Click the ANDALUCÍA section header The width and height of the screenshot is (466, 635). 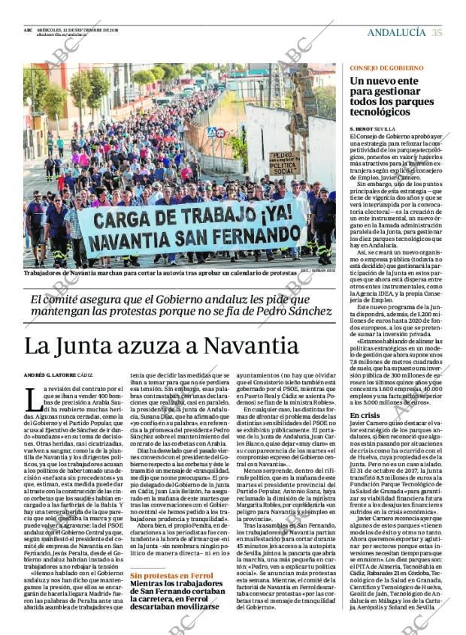(x=396, y=32)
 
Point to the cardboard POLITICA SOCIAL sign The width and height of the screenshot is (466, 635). (x=285, y=163)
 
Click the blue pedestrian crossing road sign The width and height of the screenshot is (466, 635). (x=211, y=131)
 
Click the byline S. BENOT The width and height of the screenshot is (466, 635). (x=362, y=129)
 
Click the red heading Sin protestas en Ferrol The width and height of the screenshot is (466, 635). (x=171, y=576)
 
